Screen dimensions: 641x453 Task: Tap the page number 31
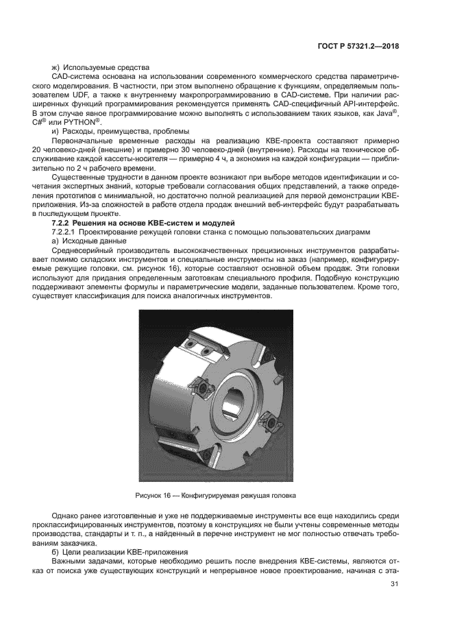[394, 583]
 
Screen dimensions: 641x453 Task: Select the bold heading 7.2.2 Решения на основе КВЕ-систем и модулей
[143, 223]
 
